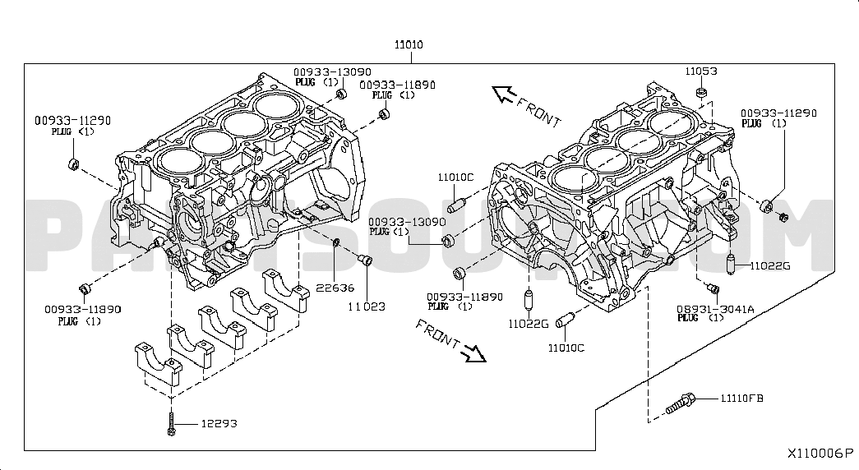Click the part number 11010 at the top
(409, 44)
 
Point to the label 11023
(366, 306)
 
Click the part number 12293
(220, 424)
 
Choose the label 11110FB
(741, 399)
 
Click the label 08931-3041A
(715, 309)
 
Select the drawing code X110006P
(820, 454)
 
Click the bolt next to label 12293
(171, 424)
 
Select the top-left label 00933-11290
(72, 120)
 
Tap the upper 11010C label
(455, 177)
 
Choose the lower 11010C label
(566, 348)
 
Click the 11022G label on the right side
(769, 265)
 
